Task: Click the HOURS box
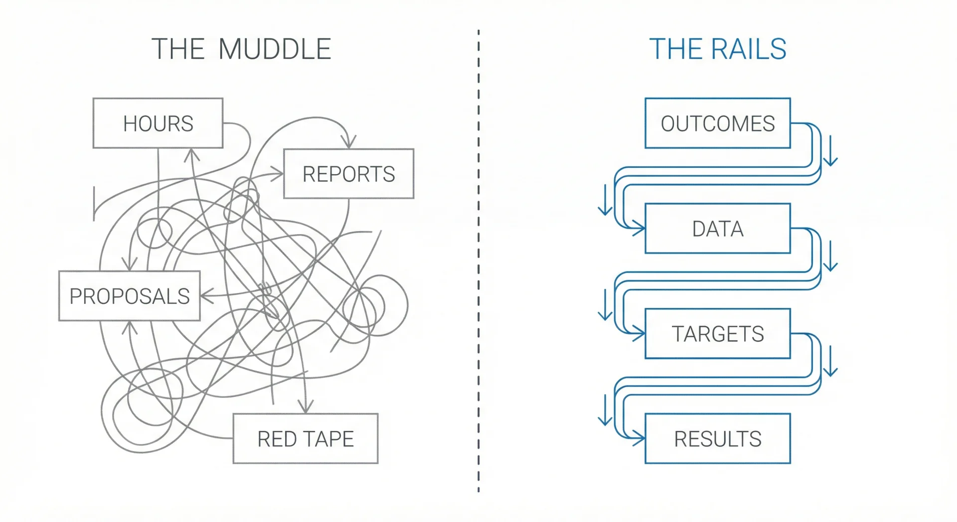(x=158, y=123)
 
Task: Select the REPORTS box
(x=348, y=174)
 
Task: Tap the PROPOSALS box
(x=129, y=296)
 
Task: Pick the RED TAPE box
(x=305, y=439)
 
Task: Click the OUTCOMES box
(x=717, y=123)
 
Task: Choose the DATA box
(x=717, y=229)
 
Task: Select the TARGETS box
(x=717, y=334)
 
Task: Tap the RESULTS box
(x=717, y=439)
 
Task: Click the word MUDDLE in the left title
(x=275, y=49)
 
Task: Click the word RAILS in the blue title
(x=749, y=49)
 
